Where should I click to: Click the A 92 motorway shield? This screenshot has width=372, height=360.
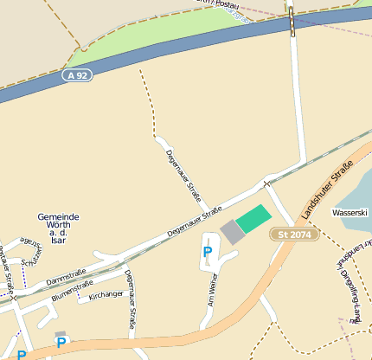tap(77, 75)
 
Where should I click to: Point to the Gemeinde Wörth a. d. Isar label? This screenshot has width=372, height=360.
tap(59, 228)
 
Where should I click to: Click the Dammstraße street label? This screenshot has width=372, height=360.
tap(67, 279)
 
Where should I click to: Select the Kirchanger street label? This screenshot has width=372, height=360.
tap(106, 295)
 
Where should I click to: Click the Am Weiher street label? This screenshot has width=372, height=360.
tap(210, 290)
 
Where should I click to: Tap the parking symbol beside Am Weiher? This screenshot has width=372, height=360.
tap(207, 253)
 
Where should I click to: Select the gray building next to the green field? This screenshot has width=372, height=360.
tap(232, 232)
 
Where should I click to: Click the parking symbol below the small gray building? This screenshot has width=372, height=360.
tap(61, 343)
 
